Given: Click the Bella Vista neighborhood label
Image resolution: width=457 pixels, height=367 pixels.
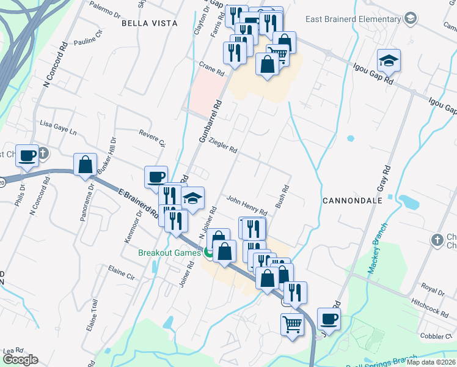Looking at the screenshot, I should coord(149,23).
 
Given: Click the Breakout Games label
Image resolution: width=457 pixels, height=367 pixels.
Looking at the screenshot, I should coord(169,253).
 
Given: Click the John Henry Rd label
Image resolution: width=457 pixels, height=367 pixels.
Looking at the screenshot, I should coord(247,204).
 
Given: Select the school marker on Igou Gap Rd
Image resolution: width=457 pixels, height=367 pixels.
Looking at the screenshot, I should coord(389,61).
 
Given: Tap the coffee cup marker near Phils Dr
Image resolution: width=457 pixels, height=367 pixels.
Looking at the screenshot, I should coord(27,155).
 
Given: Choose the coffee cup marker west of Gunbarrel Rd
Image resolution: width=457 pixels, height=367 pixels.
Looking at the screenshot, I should coord(156,177).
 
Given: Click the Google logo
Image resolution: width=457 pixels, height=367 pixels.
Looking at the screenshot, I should coord(21,359).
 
